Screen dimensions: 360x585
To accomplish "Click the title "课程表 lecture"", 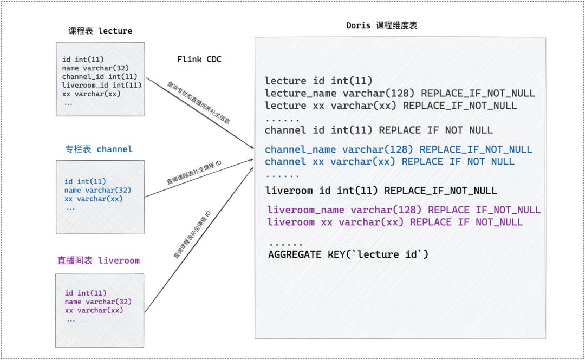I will pos(100,31).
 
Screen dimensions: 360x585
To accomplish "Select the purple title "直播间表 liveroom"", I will pos(99,260).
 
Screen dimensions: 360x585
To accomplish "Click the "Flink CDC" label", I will pos(199,59).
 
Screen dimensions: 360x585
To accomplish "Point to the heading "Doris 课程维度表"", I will pos(382,25).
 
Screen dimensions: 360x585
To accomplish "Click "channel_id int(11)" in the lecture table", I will pos(100,76).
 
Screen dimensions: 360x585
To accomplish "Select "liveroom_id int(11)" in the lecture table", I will pos(102,85).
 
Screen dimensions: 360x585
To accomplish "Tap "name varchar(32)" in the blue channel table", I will pos(97,190).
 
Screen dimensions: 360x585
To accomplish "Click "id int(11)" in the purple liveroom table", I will pos(86,293).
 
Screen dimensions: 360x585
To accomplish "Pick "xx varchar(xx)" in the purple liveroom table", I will pos(94,310).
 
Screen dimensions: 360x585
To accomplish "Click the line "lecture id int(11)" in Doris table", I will pos(318,81).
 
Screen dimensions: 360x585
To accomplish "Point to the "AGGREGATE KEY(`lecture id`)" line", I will pos(348,254).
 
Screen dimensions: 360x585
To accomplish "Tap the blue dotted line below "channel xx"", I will pos(282,175).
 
